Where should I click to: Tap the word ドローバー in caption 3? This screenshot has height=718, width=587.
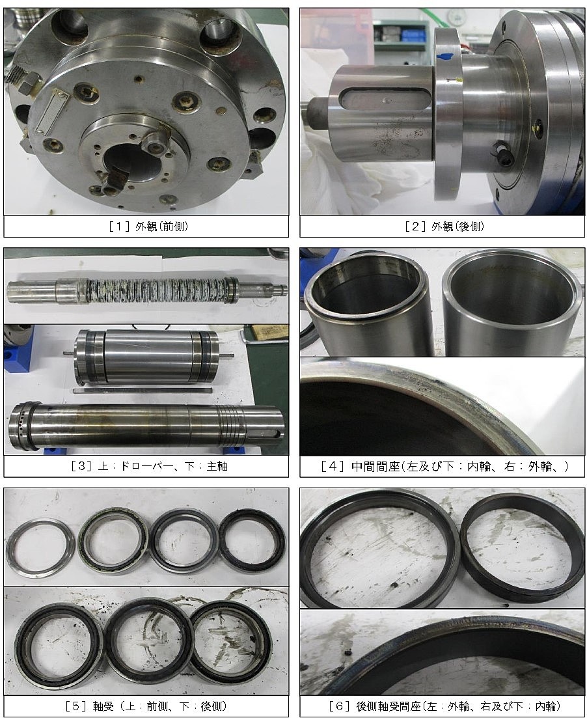tap(146, 466)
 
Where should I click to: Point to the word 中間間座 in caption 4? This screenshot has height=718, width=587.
tap(375, 466)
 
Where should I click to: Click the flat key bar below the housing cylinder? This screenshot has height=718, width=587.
tap(143, 390)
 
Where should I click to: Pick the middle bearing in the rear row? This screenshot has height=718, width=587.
tap(150, 641)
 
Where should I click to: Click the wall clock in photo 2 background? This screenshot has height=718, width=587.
tap(456, 18)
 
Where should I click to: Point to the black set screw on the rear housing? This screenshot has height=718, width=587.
tap(501, 150)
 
